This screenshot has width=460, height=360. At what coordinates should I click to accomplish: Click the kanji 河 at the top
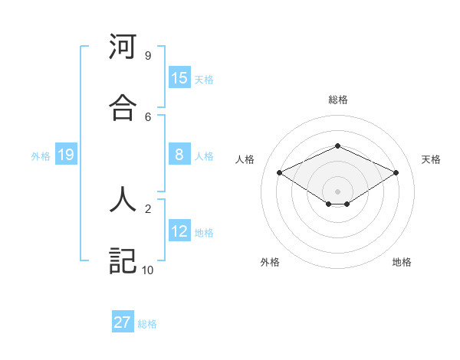[123, 47]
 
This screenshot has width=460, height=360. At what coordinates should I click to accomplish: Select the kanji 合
[123, 108]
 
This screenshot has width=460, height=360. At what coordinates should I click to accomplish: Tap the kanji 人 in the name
[123, 200]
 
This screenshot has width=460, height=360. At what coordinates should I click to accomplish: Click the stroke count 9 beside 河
[147, 56]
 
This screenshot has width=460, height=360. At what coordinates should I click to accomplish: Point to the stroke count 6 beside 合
[147, 116]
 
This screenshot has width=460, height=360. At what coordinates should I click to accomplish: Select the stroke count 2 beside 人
[147, 208]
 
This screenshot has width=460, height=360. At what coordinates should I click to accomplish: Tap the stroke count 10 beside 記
[147, 270]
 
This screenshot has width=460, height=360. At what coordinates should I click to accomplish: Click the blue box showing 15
[179, 78]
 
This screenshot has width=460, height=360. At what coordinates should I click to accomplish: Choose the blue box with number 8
[179, 155]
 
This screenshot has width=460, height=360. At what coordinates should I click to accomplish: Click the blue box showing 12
[179, 231]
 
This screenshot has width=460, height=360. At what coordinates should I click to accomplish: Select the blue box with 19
[66, 155]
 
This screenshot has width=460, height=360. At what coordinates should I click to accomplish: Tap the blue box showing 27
[123, 322]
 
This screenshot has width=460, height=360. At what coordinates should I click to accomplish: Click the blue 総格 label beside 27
[147, 324]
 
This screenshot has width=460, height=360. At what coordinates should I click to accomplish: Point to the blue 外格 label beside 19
[41, 156]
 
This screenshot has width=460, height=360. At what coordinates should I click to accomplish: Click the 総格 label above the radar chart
[337, 100]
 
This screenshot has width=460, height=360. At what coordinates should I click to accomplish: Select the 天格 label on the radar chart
[431, 159]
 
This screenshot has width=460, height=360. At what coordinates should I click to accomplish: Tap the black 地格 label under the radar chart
[402, 262]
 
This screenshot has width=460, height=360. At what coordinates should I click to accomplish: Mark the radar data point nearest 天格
[396, 173]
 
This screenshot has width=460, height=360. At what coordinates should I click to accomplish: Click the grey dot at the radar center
[337, 191]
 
